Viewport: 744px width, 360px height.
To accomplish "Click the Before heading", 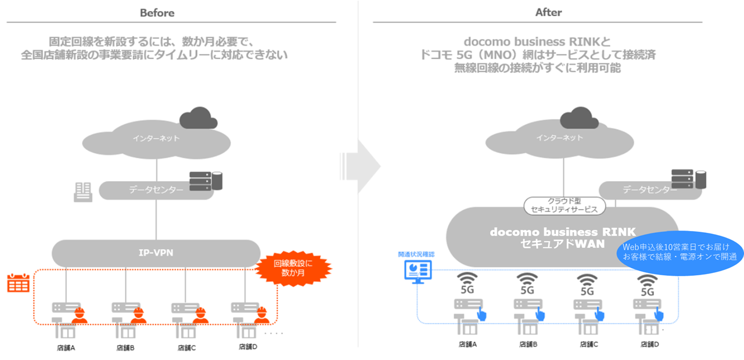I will (x=157, y=13).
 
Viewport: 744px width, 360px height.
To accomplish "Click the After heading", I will (x=548, y=13).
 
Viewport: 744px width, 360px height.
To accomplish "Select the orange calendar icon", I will (x=18, y=283).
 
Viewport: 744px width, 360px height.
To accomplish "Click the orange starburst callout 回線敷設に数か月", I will (x=293, y=268).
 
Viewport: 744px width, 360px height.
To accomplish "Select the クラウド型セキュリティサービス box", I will (x=565, y=205).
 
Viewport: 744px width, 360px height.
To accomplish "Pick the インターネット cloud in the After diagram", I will (x=559, y=138).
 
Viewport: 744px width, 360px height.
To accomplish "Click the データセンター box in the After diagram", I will (x=649, y=190).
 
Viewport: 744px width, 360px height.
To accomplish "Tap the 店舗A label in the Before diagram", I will (x=64, y=347).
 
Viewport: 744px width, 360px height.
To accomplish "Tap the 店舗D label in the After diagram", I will (x=648, y=344).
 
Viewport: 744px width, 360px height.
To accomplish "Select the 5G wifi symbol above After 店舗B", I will (x=527, y=284).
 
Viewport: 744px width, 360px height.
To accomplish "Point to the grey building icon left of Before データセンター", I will (x=83, y=192).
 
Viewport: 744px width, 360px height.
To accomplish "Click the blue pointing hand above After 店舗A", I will (x=481, y=314).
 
